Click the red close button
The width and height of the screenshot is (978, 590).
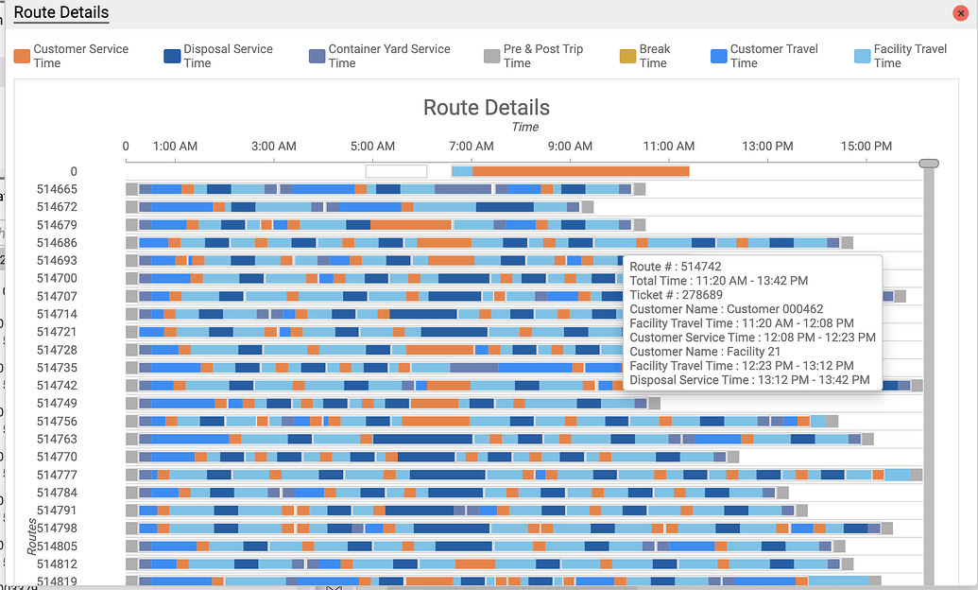[x=961, y=13]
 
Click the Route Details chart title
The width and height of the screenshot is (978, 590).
[x=486, y=107]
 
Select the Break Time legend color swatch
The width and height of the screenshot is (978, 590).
[x=627, y=56]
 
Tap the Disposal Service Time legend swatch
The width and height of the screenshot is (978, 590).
[x=172, y=56]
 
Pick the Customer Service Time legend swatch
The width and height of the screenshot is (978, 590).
[x=22, y=56]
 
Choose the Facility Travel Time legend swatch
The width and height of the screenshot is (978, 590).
[x=862, y=56]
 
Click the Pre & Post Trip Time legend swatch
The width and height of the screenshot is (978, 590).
[x=491, y=56]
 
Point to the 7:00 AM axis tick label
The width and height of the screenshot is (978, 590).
[x=472, y=147]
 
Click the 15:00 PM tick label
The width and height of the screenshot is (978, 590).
[x=866, y=147]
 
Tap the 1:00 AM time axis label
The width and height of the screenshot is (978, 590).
[x=175, y=147]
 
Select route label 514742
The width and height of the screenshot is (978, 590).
[x=57, y=386]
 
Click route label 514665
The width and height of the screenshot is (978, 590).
[x=57, y=189]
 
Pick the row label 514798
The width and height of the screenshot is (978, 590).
[x=57, y=528]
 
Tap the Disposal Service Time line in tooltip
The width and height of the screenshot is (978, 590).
[x=749, y=380]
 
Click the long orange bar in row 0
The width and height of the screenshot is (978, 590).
[x=580, y=171]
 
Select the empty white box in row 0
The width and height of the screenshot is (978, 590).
[x=396, y=171]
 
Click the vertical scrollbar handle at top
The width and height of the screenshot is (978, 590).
[x=929, y=164]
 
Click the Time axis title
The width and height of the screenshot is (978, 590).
[x=524, y=127]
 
